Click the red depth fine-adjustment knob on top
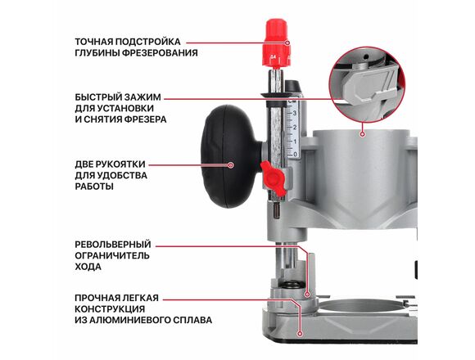277,43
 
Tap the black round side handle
231,156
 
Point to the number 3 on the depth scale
294,114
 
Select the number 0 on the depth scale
295,155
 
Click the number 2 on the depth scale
295,128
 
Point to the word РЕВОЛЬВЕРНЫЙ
113,244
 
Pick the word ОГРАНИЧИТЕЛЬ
112,255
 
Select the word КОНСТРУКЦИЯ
110,309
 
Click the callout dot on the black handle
230,165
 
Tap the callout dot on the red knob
287,43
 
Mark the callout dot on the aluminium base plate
300,334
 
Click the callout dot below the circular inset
362,134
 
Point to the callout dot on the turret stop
307,294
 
